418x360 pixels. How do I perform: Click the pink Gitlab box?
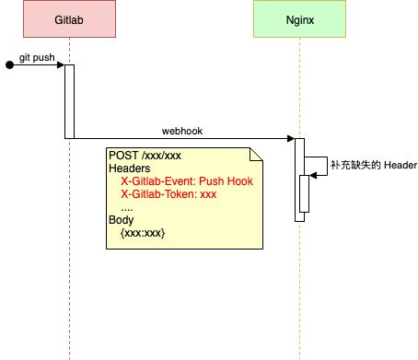point(69,19)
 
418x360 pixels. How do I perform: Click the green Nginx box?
point(299,19)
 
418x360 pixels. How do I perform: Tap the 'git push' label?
point(38,58)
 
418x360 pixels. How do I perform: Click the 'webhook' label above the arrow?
point(183,131)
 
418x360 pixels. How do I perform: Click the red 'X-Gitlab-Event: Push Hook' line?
point(186,181)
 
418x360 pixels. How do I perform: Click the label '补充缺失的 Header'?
point(373,167)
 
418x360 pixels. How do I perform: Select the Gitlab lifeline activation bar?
point(69,101)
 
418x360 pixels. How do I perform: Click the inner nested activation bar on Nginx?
point(304,192)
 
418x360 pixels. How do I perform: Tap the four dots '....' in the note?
point(127,208)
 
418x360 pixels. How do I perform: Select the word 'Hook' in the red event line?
point(239,181)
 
